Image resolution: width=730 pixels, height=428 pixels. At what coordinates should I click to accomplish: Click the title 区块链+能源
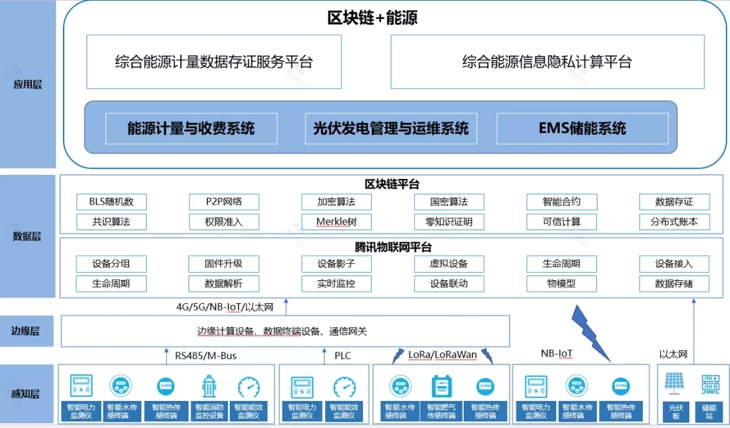pyautogui.click(x=372, y=18)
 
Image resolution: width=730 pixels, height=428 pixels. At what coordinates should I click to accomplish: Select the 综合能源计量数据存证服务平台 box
pyautogui.click(x=214, y=61)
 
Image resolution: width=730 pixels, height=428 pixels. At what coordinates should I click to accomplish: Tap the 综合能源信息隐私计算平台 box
pyautogui.click(x=547, y=61)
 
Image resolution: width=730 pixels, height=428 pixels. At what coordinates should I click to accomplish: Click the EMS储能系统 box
pyautogui.click(x=583, y=128)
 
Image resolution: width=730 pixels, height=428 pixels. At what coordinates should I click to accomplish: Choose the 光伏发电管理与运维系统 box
pyautogui.click(x=391, y=128)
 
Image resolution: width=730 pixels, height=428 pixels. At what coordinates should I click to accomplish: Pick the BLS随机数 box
pyautogui.click(x=112, y=202)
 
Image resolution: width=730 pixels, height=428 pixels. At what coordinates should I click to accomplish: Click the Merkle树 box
pyautogui.click(x=337, y=222)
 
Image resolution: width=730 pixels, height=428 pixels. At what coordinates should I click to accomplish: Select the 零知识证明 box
pyautogui.click(x=449, y=222)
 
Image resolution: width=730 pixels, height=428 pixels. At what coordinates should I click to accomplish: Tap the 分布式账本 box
pyautogui.click(x=674, y=222)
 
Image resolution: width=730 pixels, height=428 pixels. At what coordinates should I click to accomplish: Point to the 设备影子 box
pyautogui.click(x=337, y=264)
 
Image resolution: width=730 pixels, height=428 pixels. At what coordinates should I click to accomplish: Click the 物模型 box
pyautogui.click(x=562, y=284)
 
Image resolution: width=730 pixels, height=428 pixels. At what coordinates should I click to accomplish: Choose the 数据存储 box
pyautogui.click(x=674, y=284)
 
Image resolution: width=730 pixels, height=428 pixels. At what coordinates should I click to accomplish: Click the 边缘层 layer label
pyautogui.click(x=26, y=331)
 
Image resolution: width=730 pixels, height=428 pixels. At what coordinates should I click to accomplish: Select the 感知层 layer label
pyautogui.click(x=26, y=394)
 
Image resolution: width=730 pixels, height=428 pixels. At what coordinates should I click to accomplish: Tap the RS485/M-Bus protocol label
pyautogui.click(x=205, y=356)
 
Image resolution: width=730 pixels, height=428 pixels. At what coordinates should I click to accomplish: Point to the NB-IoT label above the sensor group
pyautogui.click(x=557, y=354)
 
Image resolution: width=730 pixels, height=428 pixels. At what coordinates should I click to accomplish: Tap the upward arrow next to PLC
pyautogui.click(x=324, y=356)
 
